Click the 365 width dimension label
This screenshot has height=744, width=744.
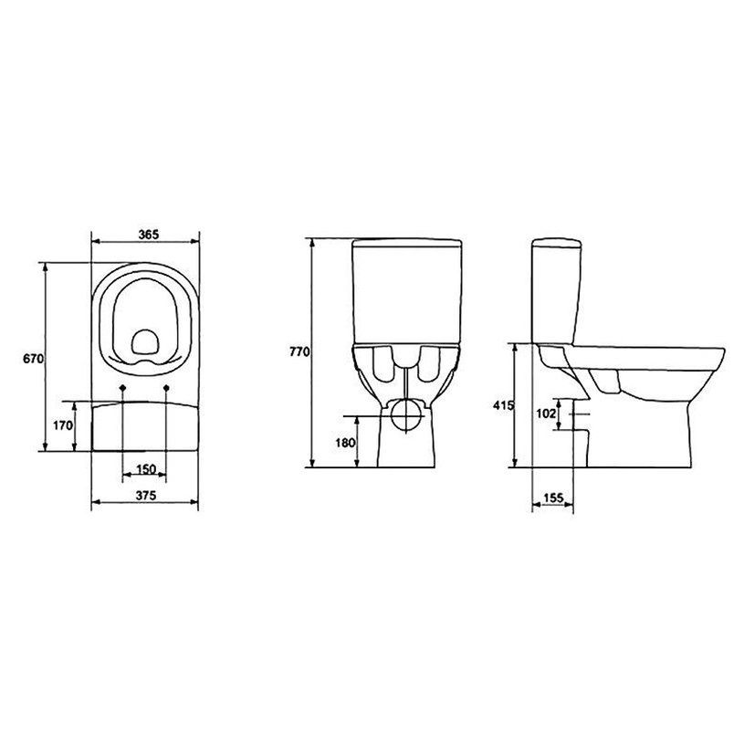coord(146,234)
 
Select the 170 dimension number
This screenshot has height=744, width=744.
coord(62,425)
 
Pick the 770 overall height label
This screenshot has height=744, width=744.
coord(300,351)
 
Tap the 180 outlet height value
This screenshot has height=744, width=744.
coord(344,443)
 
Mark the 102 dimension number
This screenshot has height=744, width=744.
coord(545,414)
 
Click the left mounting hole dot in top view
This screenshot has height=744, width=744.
coord(122,389)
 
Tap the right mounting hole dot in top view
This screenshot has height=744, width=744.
coord(167,389)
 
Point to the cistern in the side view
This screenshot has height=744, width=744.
coord(555,292)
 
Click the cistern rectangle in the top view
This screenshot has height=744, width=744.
coord(145,424)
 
